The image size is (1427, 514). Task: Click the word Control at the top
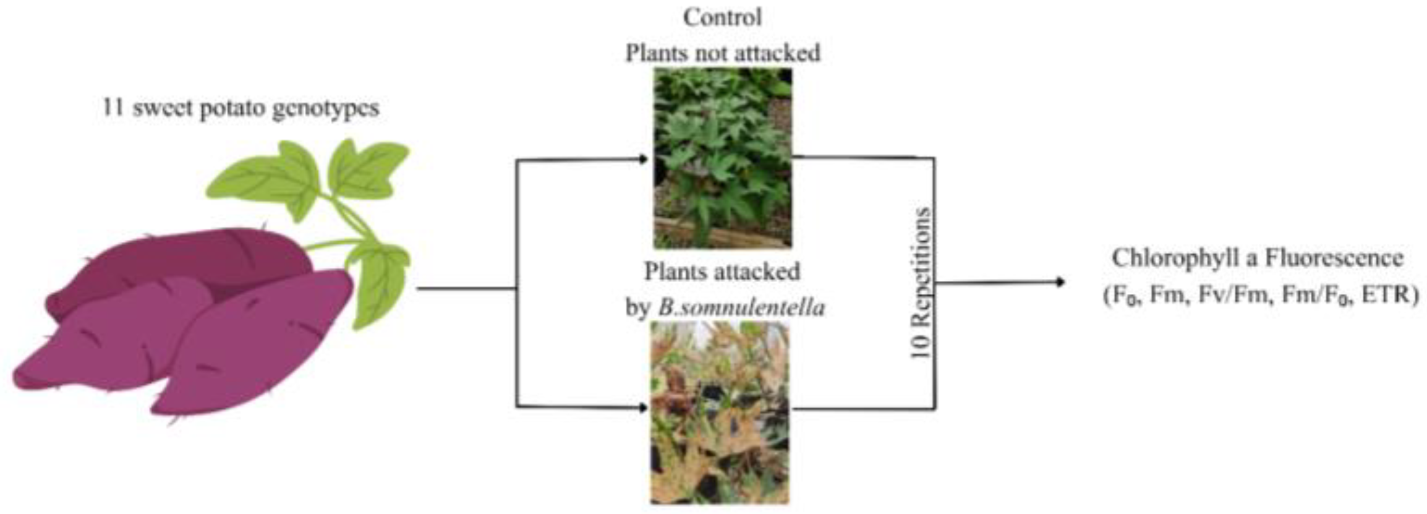tap(722, 17)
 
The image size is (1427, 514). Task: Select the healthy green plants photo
tap(723, 158)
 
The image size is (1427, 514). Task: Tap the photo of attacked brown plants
tap(720, 413)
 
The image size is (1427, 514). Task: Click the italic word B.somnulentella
tap(741, 307)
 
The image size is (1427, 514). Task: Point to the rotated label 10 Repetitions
tap(921, 283)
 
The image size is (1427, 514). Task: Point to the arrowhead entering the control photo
tap(644, 160)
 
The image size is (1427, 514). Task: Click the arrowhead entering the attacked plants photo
tap(644, 408)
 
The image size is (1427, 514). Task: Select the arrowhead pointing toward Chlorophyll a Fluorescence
tap(1060, 283)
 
